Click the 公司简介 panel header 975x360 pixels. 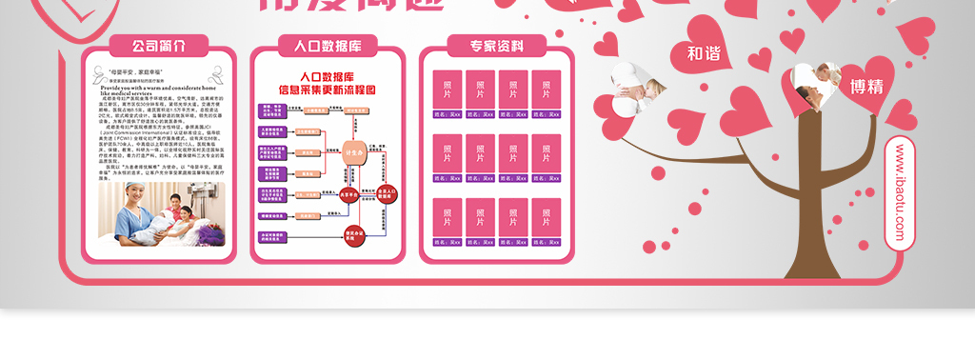[x=158, y=46]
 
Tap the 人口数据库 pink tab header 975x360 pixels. [x=327, y=46]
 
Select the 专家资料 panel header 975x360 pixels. [x=496, y=46]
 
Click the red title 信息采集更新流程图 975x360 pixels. [x=327, y=90]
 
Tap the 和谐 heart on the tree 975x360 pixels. [x=704, y=54]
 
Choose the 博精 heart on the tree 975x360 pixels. [x=866, y=87]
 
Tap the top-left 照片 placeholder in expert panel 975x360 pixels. [x=448, y=89]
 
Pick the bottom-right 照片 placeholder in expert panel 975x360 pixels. [x=547, y=217]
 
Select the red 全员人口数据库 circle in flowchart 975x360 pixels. [x=387, y=194]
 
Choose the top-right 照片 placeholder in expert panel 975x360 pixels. [x=547, y=89]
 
